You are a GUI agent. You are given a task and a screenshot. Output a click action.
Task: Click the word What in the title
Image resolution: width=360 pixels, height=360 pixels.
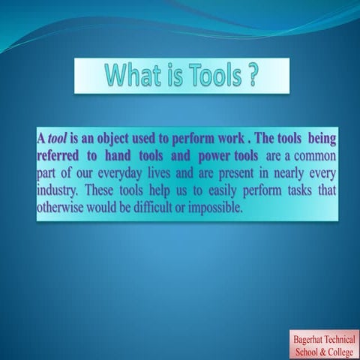[x=131, y=75]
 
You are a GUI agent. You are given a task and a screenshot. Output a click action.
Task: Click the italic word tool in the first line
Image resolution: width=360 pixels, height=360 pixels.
[x=58, y=139]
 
